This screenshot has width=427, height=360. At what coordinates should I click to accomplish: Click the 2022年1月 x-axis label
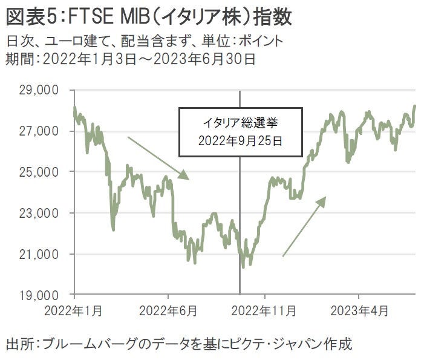[74, 312]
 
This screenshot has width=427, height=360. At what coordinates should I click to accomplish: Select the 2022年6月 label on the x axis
[169, 312]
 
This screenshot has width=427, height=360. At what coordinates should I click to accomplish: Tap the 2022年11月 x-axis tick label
[265, 312]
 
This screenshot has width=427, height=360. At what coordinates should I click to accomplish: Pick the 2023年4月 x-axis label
[359, 312]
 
